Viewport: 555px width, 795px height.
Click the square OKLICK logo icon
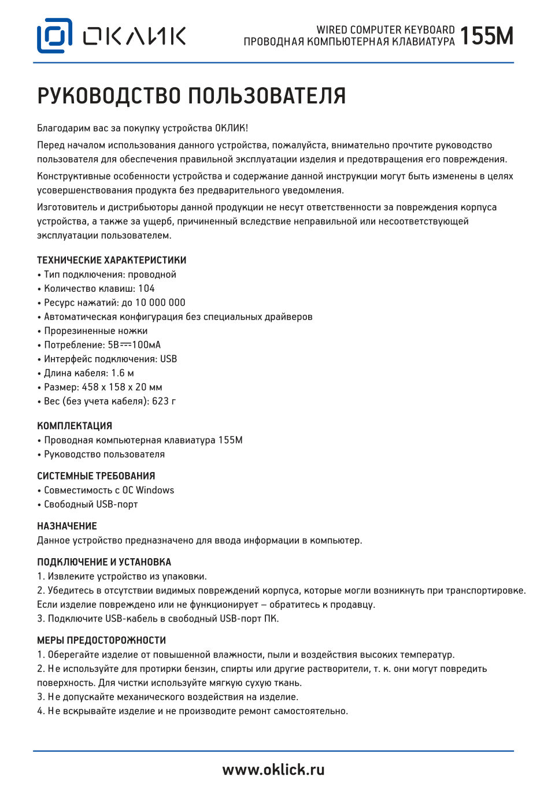(54, 36)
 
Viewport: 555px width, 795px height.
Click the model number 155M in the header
(486, 36)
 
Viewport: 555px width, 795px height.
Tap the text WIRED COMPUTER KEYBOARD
(385, 29)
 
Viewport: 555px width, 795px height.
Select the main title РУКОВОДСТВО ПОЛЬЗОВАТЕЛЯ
(191, 96)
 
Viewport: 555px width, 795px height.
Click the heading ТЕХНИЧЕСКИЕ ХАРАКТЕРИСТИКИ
(112, 260)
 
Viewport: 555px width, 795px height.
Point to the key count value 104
(146, 288)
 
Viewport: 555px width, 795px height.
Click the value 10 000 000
(160, 302)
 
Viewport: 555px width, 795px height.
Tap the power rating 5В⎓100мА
(134, 345)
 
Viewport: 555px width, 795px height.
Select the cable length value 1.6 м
(123, 373)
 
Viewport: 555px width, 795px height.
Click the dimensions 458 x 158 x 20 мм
(122, 387)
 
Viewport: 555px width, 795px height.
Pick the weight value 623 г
(164, 401)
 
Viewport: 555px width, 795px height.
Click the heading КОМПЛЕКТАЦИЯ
(75, 426)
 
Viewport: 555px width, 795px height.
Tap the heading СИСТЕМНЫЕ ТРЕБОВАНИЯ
(96, 476)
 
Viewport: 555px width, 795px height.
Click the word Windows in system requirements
(155, 490)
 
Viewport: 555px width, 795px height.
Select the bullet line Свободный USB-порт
(91, 504)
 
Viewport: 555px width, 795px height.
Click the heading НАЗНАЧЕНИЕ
(67, 526)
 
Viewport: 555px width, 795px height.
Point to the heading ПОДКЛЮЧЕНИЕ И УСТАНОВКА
(104, 562)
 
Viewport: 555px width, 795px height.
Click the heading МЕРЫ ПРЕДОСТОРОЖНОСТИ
(101, 640)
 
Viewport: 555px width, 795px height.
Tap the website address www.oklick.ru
(273, 770)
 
